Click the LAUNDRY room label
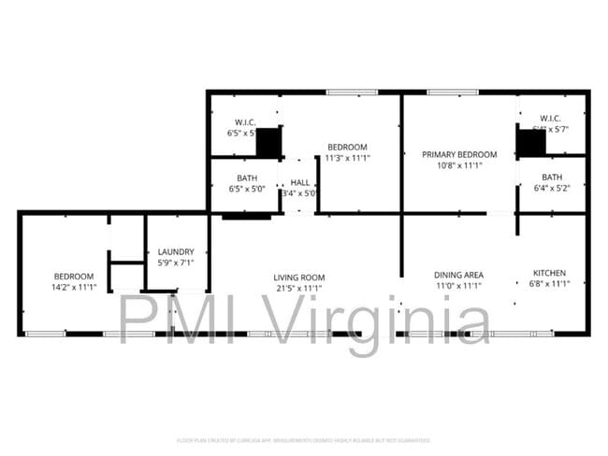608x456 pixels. click(x=176, y=251)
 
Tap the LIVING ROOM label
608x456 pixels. click(x=298, y=278)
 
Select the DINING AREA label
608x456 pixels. click(x=458, y=275)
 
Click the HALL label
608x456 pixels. click(x=300, y=182)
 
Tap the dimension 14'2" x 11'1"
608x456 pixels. click(x=74, y=288)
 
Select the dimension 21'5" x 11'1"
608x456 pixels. click(x=298, y=289)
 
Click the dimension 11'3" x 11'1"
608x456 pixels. click(x=346, y=158)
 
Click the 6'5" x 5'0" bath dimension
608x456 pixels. click(x=247, y=189)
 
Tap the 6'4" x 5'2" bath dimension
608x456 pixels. click(x=552, y=189)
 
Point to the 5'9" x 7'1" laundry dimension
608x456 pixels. click(x=176, y=263)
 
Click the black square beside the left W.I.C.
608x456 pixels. click(x=268, y=143)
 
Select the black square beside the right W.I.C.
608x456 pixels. click(x=531, y=143)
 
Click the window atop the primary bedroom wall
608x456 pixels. click(x=453, y=92)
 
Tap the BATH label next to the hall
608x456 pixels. click(x=247, y=178)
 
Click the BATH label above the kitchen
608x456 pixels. click(x=552, y=178)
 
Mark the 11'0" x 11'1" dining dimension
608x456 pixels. click(x=458, y=286)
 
